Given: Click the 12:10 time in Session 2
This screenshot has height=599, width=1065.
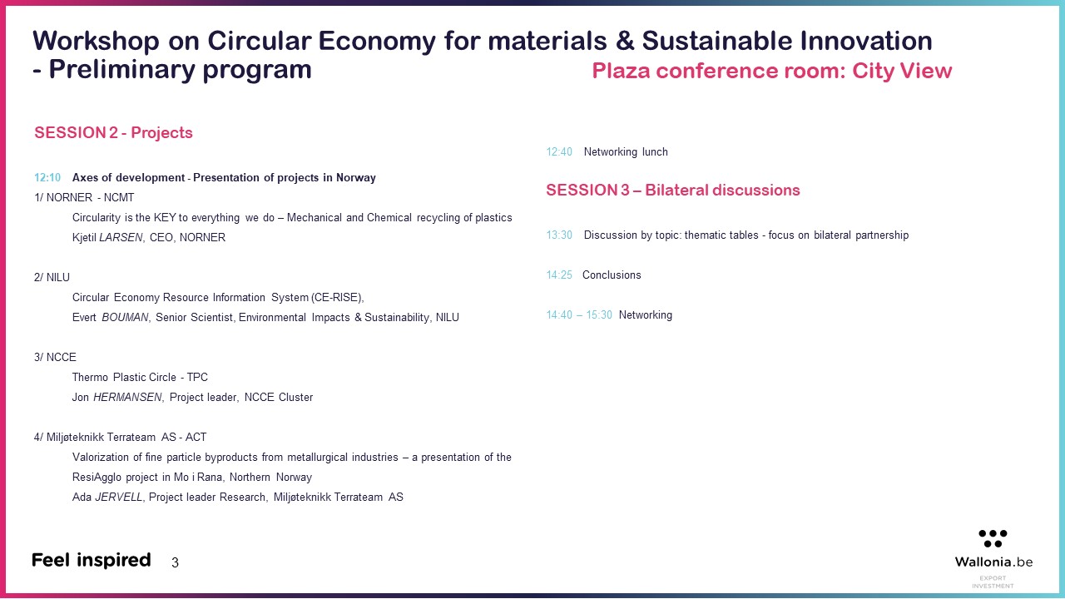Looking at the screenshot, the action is pyautogui.click(x=47, y=178).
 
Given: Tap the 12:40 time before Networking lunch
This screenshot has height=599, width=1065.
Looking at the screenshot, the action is pyautogui.click(x=559, y=152).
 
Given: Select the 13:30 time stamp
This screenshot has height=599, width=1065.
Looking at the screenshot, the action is pyautogui.click(x=559, y=235).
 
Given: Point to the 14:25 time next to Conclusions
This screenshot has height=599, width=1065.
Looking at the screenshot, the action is pyautogui.click(x=559, y=275).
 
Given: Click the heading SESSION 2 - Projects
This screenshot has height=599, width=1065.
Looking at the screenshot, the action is pyautogui.click(x=114, y=132).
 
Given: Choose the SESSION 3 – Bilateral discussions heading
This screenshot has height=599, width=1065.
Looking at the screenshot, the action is pyautogui.click(x=673, y=191).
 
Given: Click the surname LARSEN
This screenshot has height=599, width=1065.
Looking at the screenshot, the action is pyautogui.click(x=121, y=238).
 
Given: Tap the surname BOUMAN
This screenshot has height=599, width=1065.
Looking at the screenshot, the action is pyautogui.click(x=125, y=318).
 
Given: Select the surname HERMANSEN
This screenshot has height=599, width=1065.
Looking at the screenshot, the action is pyautogui.click(x=127, y=398).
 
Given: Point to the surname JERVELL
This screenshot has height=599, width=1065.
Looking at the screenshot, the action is pyautogui.click(x=119, y=498).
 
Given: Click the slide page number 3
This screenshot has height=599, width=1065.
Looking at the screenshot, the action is pyautogui.click(x=175, y=563).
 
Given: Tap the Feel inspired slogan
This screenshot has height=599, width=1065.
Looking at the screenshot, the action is pyautogui.click(x=92, y=561).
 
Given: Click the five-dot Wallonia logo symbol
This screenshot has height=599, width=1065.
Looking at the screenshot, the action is pyautogui.click(x=993, y=538).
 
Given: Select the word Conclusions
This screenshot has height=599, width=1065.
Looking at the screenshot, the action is pyautogui.click(x=612, y=275).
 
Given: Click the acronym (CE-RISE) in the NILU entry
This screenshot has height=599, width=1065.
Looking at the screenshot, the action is pyautogui.click(x=338, y=298).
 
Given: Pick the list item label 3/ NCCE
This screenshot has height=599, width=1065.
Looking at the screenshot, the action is pyautogui.click(x=55, y=358).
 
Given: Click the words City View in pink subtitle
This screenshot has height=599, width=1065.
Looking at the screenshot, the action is pyautogui.click(x=902, y=71).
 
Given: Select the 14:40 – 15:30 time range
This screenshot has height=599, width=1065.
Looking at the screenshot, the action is pyautogui.click(x=579, y=315).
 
